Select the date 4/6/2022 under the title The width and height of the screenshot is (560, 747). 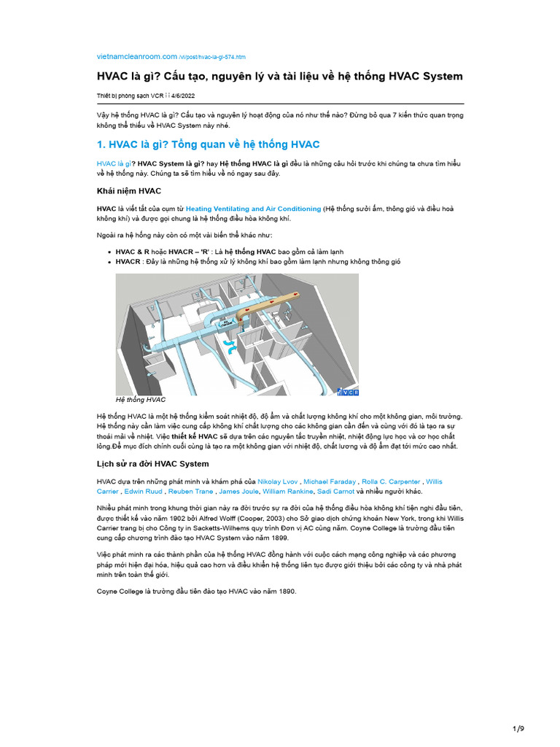click(x=183, y=96)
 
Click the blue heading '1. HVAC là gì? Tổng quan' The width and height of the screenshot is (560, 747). click(x=208, y=144)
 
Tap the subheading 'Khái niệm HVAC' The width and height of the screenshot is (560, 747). click(x=129, y=191)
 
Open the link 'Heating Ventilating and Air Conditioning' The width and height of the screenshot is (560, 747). click(x=253, y=209)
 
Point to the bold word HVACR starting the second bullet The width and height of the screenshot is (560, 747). click(x=128, y=262)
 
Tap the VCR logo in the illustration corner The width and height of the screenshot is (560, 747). click(x=348, y=392)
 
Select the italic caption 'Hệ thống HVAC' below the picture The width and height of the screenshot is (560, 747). click(x=141, y=400)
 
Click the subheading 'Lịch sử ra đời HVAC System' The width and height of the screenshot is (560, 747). click(x=153, y=464)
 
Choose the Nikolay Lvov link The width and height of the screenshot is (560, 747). click(x=278, y=481)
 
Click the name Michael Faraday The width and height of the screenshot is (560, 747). click(x=330, y=481)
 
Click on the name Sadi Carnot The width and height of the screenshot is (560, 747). click(x=335, y=492)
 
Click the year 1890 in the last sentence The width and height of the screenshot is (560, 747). click(x=285, y=591)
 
